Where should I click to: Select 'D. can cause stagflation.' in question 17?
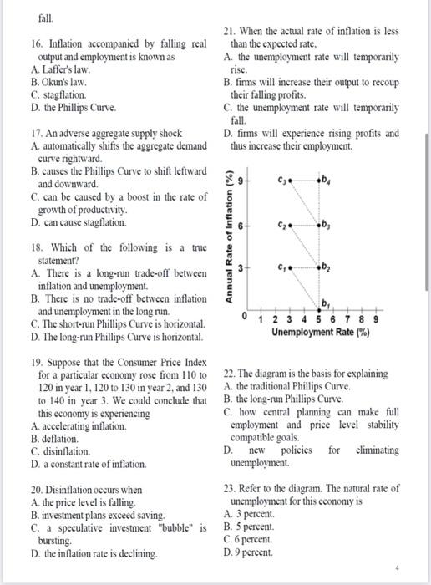(x=79, y=222)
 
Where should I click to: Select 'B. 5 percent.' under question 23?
(x=252, y=528)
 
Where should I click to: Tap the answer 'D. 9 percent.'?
(x=252, y=552)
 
